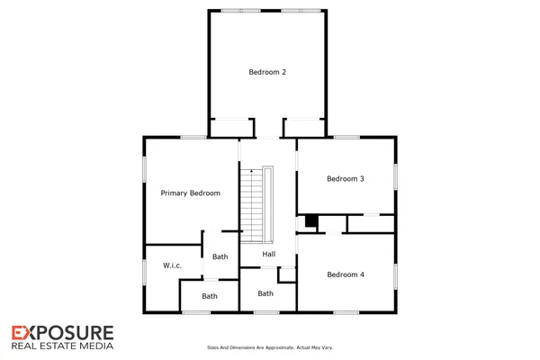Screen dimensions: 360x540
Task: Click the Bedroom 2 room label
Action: [x=266, y=71]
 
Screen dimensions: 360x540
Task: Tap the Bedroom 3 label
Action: [x=346, y=178]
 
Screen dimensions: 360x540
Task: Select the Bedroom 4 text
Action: [x=346, y=274]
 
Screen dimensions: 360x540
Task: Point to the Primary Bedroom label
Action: [x=190, y=193]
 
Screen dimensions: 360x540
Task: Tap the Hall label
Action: [x=268, y=254]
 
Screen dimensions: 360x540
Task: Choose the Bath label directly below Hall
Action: [x=265, y=293]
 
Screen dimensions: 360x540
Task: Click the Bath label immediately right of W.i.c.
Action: [x=220, y=256]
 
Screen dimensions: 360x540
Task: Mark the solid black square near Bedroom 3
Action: [x=311, y=220]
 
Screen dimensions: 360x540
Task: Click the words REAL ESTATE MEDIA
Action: [x=62, y=345]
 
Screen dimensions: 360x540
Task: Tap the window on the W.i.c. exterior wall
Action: [x=146, y=273]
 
